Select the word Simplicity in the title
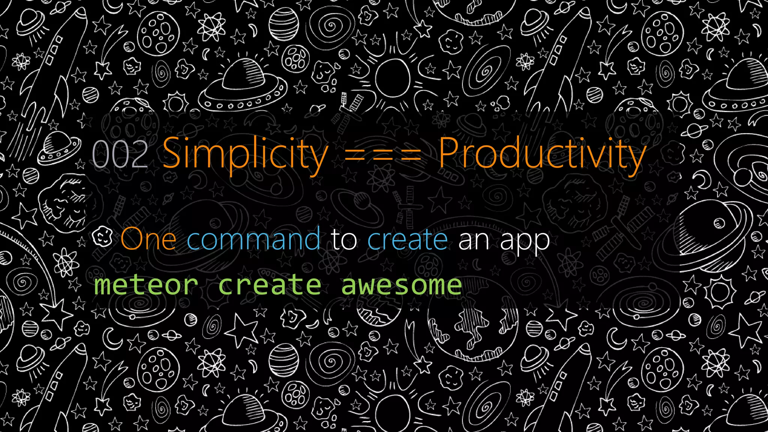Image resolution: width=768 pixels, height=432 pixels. [x=246, y=154]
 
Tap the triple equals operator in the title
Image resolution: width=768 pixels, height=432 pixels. [x=383, y=155]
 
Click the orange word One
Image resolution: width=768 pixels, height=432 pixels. [x=148, y=239]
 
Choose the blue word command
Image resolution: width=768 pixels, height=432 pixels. [x=253, y=239]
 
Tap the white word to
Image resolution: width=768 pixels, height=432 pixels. [x=344, y=240]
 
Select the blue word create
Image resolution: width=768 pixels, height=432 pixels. [x=408, y=240]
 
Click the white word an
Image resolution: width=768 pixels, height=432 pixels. [x=474, y=240]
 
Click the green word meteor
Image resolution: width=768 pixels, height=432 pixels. [x=146, y=285]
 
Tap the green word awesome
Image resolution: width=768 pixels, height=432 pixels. [x=401, y=285]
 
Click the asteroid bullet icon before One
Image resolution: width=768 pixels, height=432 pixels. [x=102, y=237]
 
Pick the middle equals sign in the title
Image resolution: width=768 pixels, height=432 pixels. [x=383, y=155]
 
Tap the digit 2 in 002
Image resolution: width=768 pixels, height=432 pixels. [x=138, y=154]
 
